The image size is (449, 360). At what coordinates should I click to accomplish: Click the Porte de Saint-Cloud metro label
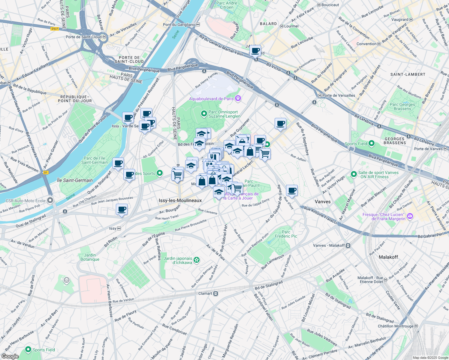[84, 37]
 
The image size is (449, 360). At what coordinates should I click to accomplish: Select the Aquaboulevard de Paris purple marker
[238, 98]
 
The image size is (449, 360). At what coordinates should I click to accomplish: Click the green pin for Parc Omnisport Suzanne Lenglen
[204, 114]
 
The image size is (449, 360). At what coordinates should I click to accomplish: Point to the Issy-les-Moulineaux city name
[180, 200]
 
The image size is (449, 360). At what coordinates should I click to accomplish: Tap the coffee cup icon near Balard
[255, 50]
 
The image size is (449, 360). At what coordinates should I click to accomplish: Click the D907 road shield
[55, 29]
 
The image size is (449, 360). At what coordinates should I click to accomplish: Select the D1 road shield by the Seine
[46, 172]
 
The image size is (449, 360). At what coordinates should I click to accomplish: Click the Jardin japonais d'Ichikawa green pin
[197, 260]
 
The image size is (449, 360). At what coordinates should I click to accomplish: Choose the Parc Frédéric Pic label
[286, 234]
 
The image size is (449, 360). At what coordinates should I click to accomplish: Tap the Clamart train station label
[206, 293]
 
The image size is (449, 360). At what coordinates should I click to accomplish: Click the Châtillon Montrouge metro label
[396, 326]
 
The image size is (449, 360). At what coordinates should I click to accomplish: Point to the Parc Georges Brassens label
[402, 106]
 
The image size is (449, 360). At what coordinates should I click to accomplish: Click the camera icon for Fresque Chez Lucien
[410, 216]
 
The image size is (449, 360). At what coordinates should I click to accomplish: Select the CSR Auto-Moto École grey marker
[50, 200]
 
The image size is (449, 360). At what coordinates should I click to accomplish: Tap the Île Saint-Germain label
[75, 180]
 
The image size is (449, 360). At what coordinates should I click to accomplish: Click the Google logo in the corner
[10, 356]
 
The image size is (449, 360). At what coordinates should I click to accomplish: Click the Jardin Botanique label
[90, 257]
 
